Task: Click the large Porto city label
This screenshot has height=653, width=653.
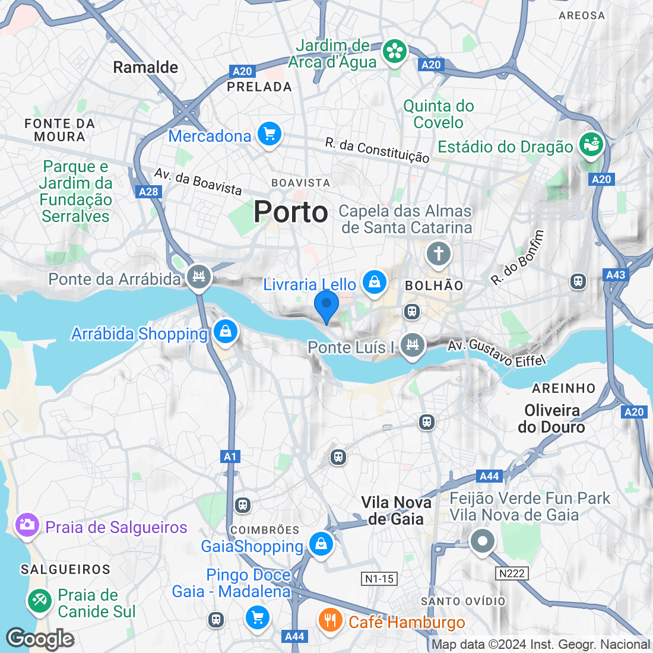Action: tap(291, 212)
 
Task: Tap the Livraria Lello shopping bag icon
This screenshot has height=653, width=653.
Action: tap(375, 283)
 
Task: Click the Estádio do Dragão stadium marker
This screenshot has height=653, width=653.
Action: tap(590, 144)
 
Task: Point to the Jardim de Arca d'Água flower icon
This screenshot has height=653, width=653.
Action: tap(394, 52)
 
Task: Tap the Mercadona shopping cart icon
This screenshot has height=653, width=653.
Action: tap(270, 134)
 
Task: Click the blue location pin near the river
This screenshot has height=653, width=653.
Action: tap(326, 305)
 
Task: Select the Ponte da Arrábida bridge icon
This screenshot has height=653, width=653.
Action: tap(199, 277)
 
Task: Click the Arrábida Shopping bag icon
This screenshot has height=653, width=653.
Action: tap(225, 331)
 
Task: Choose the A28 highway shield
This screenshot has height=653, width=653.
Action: tap(148, 191)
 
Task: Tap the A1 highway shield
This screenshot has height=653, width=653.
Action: tap(230, 457)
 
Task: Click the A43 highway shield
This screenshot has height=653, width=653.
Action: tap(616, 274)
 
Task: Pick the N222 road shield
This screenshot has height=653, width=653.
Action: tap(512, 573)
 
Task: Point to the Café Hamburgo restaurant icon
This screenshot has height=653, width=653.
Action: tap(330, 620)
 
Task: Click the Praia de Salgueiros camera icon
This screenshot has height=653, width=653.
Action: tap(27, 525)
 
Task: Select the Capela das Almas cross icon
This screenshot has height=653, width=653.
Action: tap(438, 254)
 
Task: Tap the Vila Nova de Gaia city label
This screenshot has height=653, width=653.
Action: tap(396, 511)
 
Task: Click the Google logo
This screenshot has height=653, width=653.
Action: tap(40, 639)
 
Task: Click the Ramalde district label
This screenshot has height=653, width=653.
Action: tap(145, 67)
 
